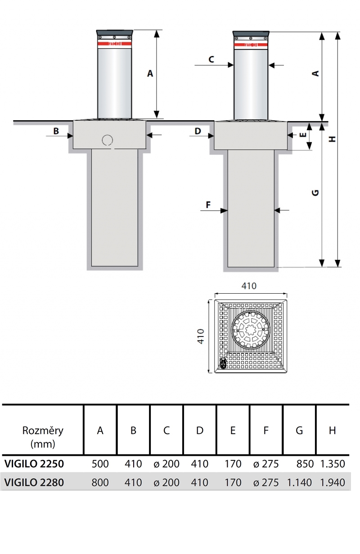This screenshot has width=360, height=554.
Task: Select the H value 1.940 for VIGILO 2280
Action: [x=333, y=482]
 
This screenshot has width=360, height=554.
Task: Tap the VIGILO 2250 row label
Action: [x=34, y=464]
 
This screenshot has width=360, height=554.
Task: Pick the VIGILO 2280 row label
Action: [x=34, y=482]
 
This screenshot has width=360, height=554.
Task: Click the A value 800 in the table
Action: [x=100, y=482]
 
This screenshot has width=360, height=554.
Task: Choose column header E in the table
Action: [x=233, y=430]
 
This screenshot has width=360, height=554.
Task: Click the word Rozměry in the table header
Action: [x=43, y=430]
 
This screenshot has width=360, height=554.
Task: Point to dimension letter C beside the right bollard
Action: [x=211, y=59]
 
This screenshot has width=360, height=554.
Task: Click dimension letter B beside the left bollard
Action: [x=56, y=131]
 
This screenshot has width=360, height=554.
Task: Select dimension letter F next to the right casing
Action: [x=208, y=205]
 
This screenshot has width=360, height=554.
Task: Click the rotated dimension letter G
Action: [x=315, y=192]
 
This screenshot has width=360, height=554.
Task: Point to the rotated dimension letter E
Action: [x=303, y=134]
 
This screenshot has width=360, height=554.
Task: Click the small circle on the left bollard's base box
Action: [x=107, y=140]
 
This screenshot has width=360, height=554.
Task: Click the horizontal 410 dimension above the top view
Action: [x=249, y=286]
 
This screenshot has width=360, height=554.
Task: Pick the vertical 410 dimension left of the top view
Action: [x=201, y=336]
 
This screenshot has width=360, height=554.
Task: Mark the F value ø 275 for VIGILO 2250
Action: [x=265, y=464]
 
